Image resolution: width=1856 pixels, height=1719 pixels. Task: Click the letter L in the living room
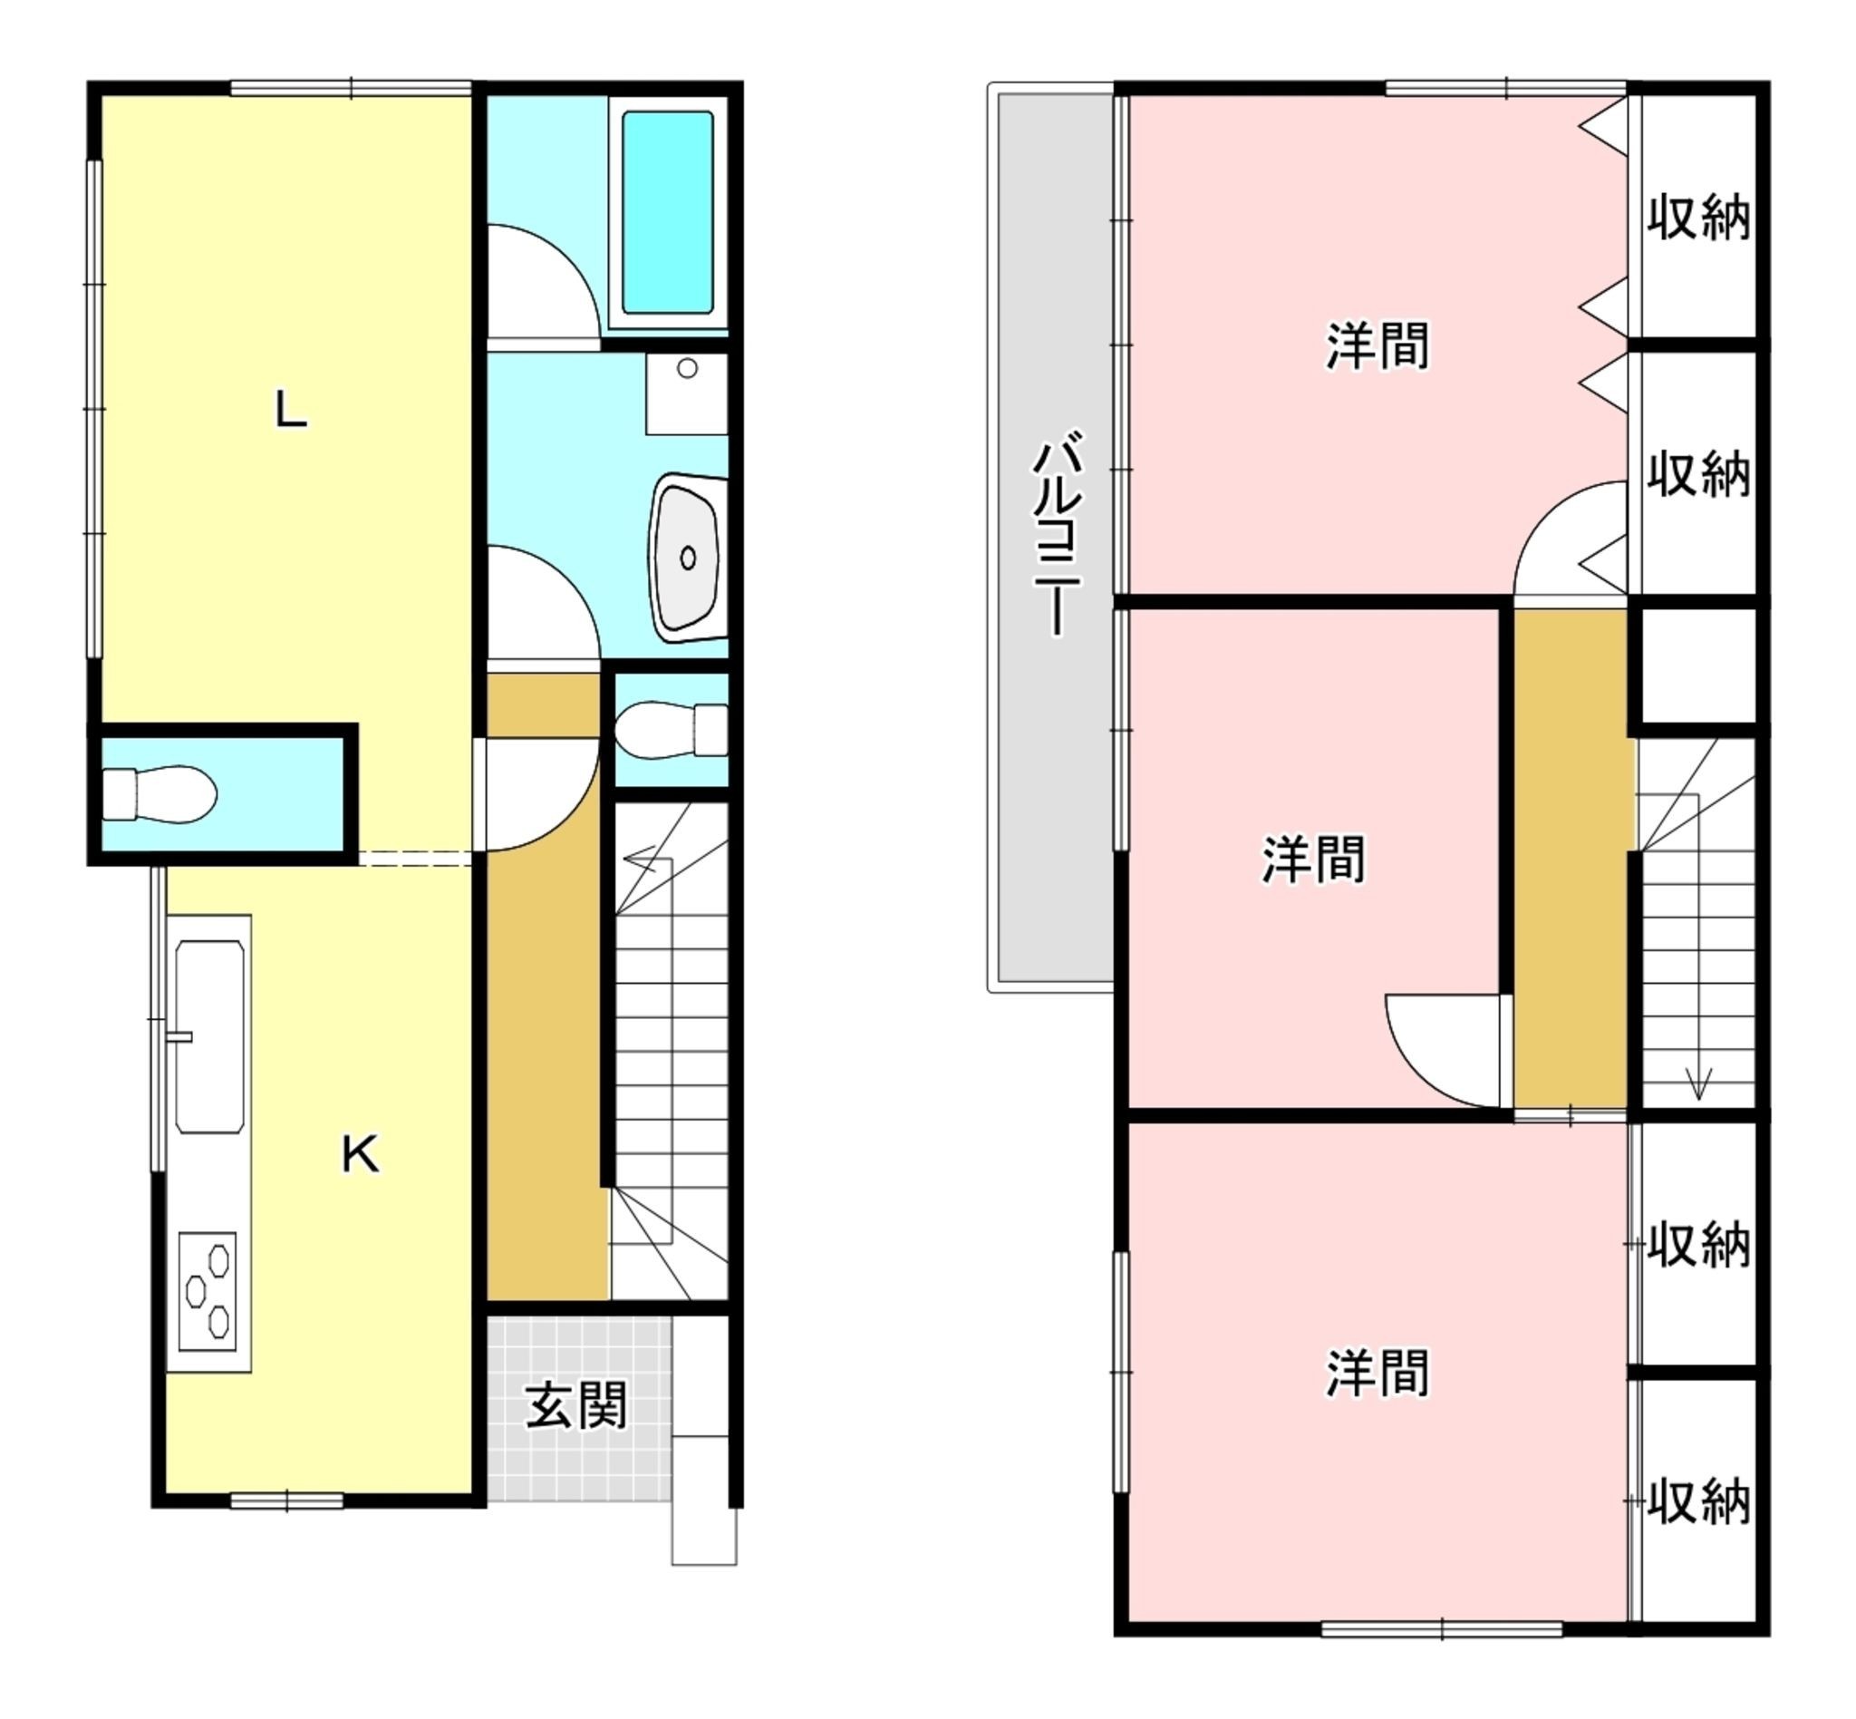tap(291, 409)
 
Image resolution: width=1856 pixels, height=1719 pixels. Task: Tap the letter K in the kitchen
tap(361, 1154)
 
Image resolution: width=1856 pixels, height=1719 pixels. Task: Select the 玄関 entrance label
tap(576, 1405)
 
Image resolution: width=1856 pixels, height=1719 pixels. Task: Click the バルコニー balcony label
tap(1058, 533)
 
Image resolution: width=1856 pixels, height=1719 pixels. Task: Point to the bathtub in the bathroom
tap(668, 212)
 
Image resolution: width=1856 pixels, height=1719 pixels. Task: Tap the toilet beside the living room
tap(159, 794)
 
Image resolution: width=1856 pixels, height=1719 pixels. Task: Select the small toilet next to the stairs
tap(672, 730)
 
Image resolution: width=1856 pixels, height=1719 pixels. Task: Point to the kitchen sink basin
tap(210, 1036)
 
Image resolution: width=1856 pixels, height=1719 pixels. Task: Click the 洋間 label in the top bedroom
tap(1377, 345)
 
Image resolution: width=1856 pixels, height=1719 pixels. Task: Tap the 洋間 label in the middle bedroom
tap(1313, 859)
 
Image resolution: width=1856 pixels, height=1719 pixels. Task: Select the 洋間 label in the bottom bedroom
tap(1377, 1373)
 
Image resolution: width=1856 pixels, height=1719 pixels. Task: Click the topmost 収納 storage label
tap(1699, 219)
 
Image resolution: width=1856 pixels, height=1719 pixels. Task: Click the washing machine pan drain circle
tap(687, 368)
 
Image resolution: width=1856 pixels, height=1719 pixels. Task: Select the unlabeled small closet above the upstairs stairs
tap(1699, 666)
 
